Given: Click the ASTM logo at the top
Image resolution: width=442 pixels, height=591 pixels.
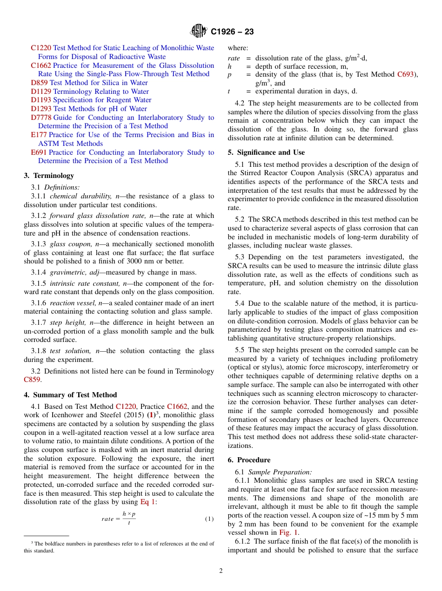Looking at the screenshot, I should [199, 32].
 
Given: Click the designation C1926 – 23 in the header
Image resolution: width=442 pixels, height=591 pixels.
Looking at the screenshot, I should [232, 32].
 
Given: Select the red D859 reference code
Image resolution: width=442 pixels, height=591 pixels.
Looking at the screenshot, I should [39, 83].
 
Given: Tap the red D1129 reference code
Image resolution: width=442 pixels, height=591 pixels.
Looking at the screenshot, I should [41, 92].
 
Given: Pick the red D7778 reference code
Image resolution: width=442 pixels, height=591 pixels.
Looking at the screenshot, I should [41, 118].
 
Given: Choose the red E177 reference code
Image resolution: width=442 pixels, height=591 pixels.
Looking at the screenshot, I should [39, 135].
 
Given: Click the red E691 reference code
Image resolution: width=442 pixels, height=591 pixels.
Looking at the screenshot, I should [39, 152].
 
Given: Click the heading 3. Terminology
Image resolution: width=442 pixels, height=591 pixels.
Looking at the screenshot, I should [49, 176].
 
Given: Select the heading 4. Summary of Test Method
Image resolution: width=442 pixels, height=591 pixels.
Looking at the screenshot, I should [70, 395].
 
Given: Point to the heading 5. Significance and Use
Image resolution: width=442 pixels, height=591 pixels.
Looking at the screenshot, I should [266, 152].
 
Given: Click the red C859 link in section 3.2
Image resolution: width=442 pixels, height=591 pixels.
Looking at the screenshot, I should [32, 380].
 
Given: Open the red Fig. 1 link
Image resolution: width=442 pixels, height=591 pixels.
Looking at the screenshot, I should [290, 532].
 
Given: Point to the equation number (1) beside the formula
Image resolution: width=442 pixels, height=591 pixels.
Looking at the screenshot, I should [209, 519].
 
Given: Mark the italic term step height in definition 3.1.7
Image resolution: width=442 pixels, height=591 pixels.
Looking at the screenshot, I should [64, 322].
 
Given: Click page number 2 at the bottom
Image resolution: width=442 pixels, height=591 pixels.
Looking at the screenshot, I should [221, 571].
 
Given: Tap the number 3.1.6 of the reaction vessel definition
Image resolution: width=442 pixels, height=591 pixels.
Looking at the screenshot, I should [38, 303].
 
